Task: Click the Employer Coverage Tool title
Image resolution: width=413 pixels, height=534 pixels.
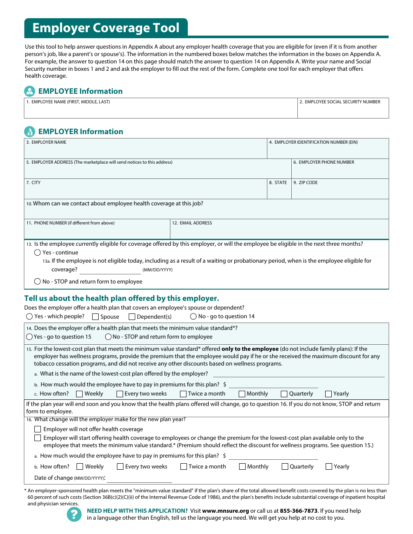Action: (106, 28)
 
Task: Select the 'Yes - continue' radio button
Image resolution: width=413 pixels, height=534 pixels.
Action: (38, 253)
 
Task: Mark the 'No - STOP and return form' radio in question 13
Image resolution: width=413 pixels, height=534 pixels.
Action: (38, 282)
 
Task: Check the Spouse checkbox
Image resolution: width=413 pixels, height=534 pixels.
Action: (96, 317)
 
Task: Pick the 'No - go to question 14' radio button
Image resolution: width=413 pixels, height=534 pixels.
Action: (193, 316)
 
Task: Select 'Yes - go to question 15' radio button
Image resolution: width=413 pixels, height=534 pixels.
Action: (30, 337)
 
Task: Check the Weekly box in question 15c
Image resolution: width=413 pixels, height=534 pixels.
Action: (80, 394)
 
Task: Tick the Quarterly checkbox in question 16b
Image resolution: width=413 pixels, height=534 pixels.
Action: (285, 467)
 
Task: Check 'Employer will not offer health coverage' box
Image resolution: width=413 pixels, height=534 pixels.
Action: (38, 429)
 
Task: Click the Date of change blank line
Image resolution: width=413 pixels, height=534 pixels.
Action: (140, 478)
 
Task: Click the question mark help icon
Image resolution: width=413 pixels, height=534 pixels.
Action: (74, 514)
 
